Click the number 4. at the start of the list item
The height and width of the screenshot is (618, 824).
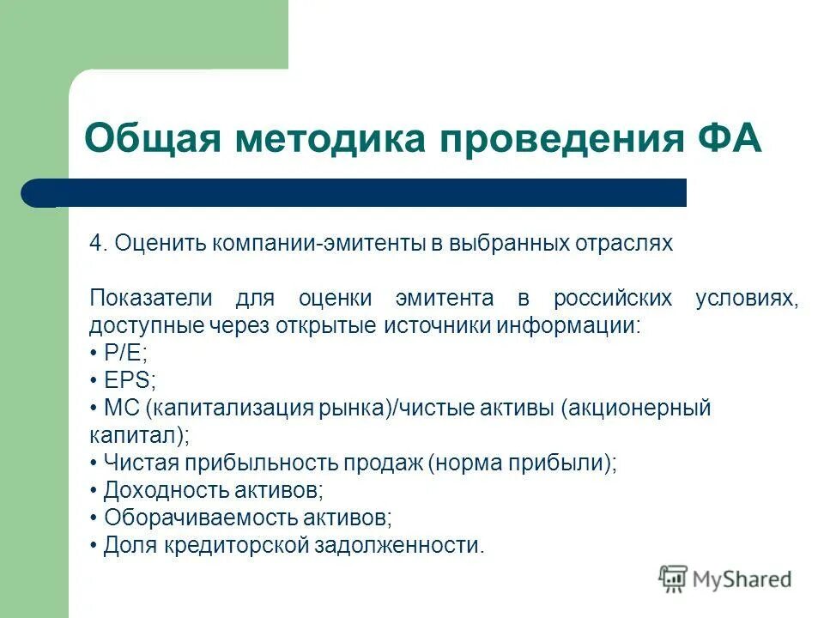click(99, 243)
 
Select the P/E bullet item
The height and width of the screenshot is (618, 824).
click(118, 353)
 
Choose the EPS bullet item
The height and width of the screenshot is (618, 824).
click(123, 380)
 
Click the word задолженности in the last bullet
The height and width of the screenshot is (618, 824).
click(397, 545)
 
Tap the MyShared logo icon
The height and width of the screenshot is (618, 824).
click(673, 579)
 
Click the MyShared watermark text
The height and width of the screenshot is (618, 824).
click(742, 579)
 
